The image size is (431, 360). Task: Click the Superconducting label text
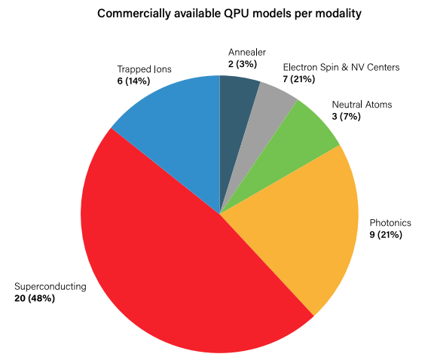[50, 287]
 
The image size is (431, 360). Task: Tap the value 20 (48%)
[35, 298]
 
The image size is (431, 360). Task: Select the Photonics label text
[391, 223]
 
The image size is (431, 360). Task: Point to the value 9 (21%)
[386, 234]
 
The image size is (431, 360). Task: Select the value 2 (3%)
[244, 64]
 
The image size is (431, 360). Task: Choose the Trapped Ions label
[144, 69]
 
